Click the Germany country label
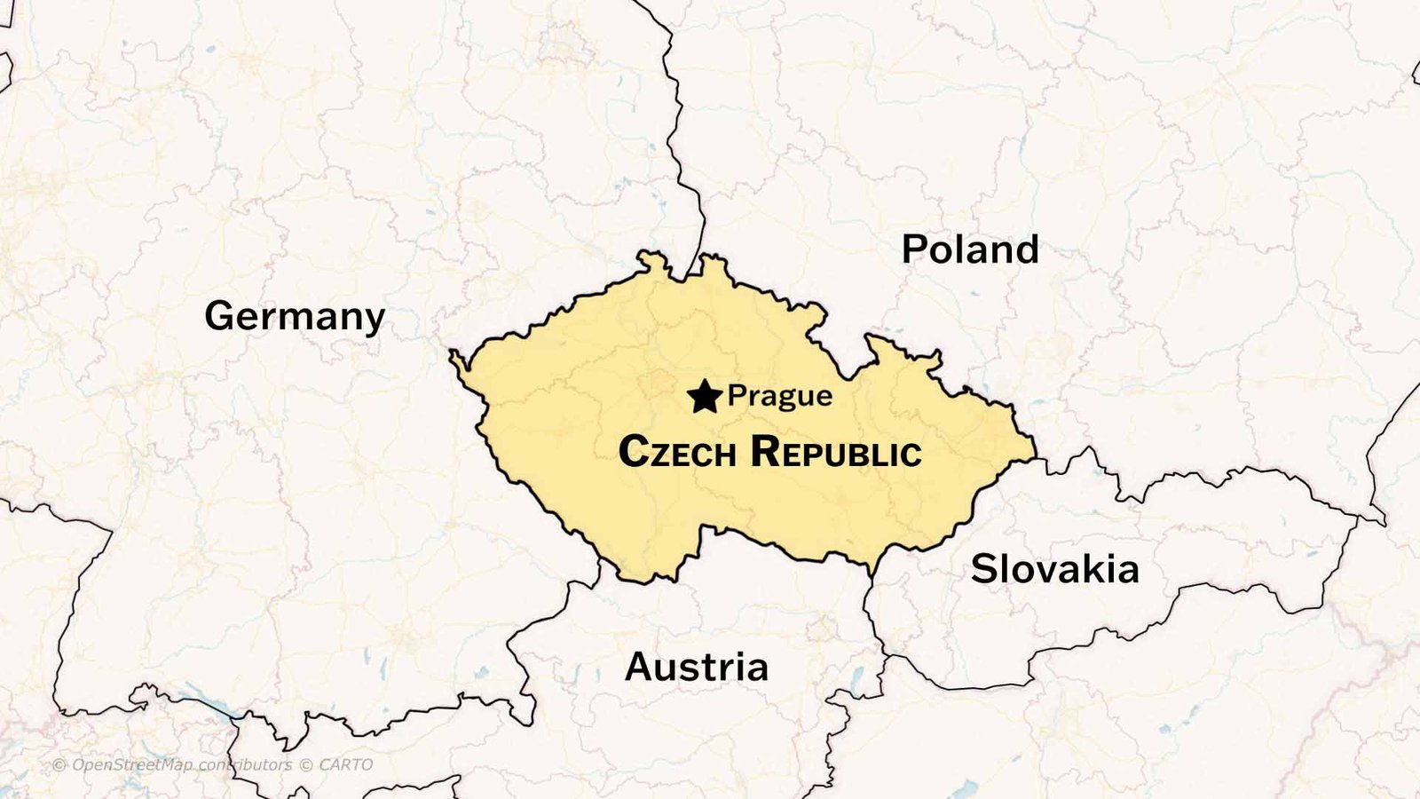point(295,316)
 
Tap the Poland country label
point(970,249)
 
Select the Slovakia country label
point(1054,569)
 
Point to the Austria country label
point(697,667)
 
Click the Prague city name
point(780,396)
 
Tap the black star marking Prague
point(705,397)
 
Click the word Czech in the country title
point(677,452)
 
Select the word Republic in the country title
point(835,452)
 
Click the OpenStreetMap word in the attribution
point(131,765)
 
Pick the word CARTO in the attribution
point(345,765)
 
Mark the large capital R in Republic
point(766,451)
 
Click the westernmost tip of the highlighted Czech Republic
point(451,353)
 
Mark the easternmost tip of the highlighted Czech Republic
point(1035,457)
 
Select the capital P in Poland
point(914,249)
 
